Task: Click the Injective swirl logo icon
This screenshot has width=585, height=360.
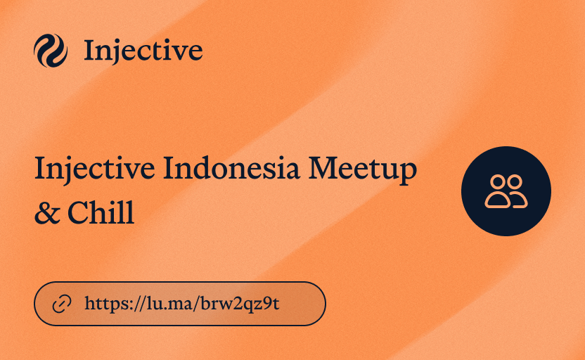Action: click(51, 51)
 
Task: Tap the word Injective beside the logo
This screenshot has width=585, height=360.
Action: click(143, 51)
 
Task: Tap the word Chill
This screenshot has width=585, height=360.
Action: click(103, 212)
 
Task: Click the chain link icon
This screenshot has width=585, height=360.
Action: click(63, 304)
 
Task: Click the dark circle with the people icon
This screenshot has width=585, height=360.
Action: click(506, 191)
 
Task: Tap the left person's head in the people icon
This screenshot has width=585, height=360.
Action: click(499, 183)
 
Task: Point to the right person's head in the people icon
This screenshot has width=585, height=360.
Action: click(515, 183)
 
